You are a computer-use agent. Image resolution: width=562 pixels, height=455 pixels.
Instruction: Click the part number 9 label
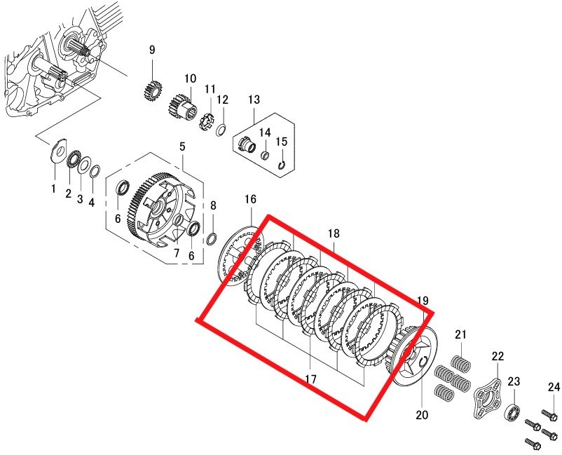[x=152, y=50]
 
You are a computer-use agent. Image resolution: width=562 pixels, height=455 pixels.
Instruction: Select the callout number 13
[x=254, y=100]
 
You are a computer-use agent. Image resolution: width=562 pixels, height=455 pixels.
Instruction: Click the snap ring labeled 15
[x=282, y=165]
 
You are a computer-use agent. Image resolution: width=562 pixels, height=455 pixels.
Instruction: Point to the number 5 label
[x=182, y=147]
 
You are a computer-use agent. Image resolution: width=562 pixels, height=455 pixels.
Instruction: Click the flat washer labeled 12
[x=221, y=130]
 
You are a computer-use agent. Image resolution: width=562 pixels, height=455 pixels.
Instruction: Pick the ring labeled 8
[x=212, y=239]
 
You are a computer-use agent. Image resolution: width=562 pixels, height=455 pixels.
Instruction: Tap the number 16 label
[x=251, y=199]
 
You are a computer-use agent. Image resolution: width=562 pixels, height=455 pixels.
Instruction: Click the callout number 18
[x=334, y=233]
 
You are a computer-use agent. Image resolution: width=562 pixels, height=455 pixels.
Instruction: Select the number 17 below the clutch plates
[x=310, y=379]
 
